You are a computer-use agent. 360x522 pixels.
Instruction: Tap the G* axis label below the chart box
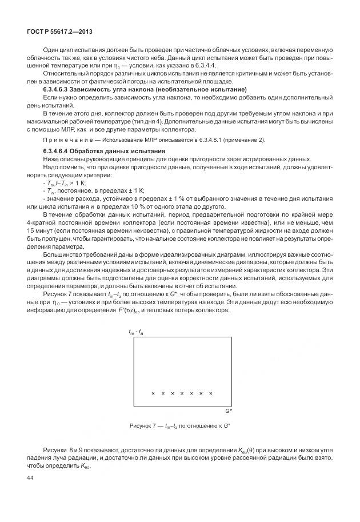coord(227,411)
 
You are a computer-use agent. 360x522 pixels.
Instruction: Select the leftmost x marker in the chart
coord(153,393)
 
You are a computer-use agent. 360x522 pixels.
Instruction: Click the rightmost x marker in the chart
coord(211,393)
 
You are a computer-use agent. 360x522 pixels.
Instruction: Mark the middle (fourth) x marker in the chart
coord(182,393)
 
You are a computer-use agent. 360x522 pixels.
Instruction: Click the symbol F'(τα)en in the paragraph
coord(135,310)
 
